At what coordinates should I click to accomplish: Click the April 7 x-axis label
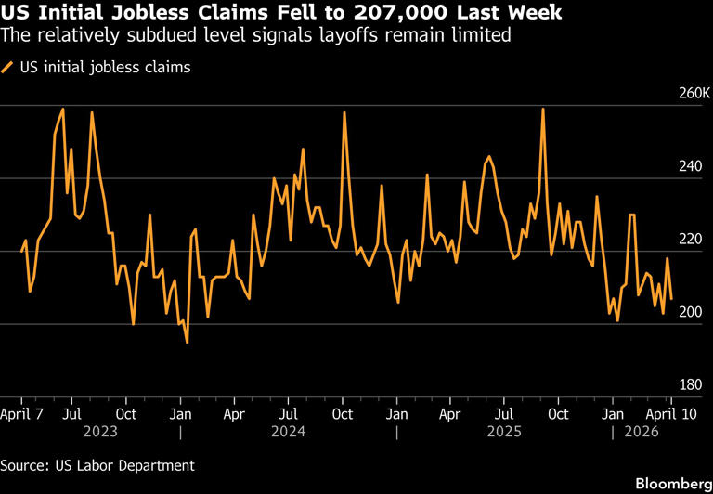22,413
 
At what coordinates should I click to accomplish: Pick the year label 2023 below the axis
99,432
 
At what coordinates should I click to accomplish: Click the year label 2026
640,432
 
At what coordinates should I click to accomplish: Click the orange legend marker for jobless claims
8,67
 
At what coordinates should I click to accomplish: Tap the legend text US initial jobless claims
105,67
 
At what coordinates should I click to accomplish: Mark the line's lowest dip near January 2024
188,343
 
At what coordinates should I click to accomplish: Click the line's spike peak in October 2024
344,112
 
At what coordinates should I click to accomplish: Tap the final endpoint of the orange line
671,298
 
